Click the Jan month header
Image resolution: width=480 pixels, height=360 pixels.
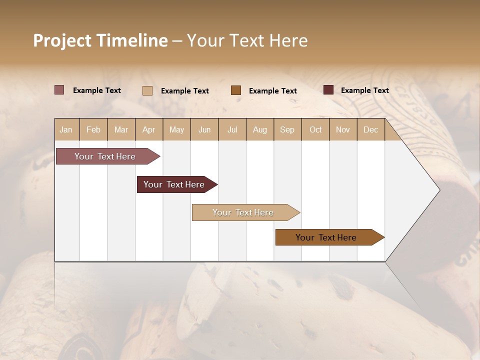coord(66,129)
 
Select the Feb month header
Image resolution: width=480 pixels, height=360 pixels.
coord(93,129)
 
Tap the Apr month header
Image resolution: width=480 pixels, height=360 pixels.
coord(149,129)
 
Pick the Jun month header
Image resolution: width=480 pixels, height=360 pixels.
coord(204,129)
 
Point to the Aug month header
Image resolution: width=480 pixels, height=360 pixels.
coord(260,129)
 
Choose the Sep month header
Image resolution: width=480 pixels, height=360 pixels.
coord(287,129)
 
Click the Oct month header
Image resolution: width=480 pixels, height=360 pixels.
coord(315,129)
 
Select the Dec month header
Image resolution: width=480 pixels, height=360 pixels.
coord(371,129)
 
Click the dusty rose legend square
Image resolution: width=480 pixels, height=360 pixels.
coord(59,90)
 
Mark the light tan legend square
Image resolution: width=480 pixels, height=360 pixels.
coord(147,90)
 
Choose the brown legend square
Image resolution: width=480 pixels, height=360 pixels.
coord(236,90)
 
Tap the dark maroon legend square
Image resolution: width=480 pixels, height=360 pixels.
coord(328,90)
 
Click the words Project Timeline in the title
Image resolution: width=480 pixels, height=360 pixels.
coord(100,40)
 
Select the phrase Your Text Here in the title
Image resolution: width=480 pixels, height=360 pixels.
coord(247,40)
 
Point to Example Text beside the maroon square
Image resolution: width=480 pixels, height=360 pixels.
coord(364,90)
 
